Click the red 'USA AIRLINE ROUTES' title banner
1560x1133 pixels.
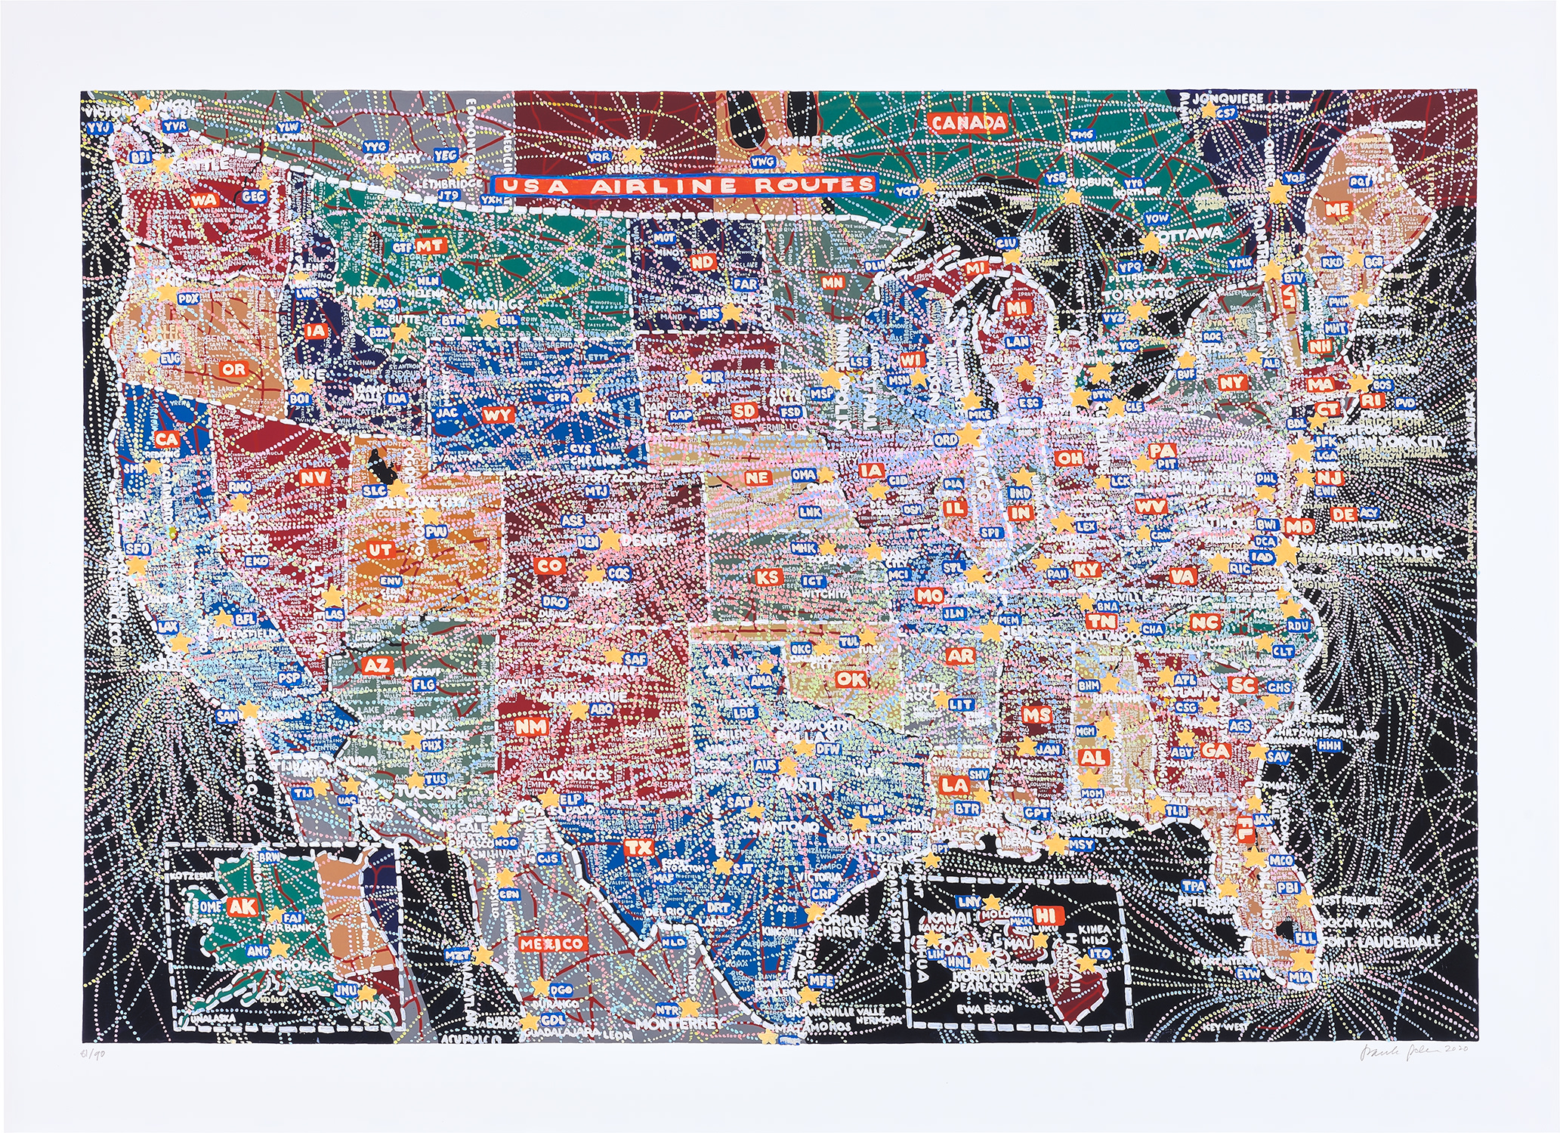point(684,185)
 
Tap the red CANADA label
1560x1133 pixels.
point(968,123)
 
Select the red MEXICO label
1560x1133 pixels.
point(551,944)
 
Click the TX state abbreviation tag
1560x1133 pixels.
point(638,847)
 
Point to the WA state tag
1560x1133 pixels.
point(202,200)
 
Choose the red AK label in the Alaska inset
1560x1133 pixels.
point(242,906)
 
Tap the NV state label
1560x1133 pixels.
point(312,477)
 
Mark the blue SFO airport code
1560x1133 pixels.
point(140,548)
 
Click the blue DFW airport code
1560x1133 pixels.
point(828,749)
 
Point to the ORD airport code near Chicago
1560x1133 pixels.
point(945,440)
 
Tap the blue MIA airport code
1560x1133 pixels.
point(1301,977)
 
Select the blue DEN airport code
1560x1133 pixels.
point(587,542)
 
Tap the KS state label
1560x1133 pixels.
point(768,578)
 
